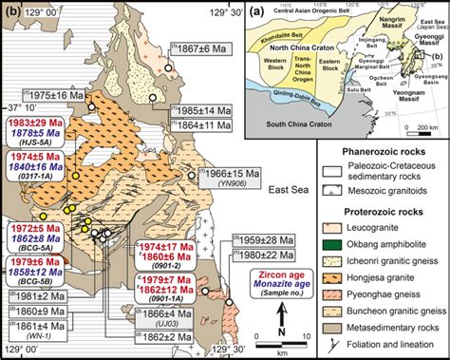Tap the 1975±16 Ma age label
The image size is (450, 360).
(50, 97)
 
